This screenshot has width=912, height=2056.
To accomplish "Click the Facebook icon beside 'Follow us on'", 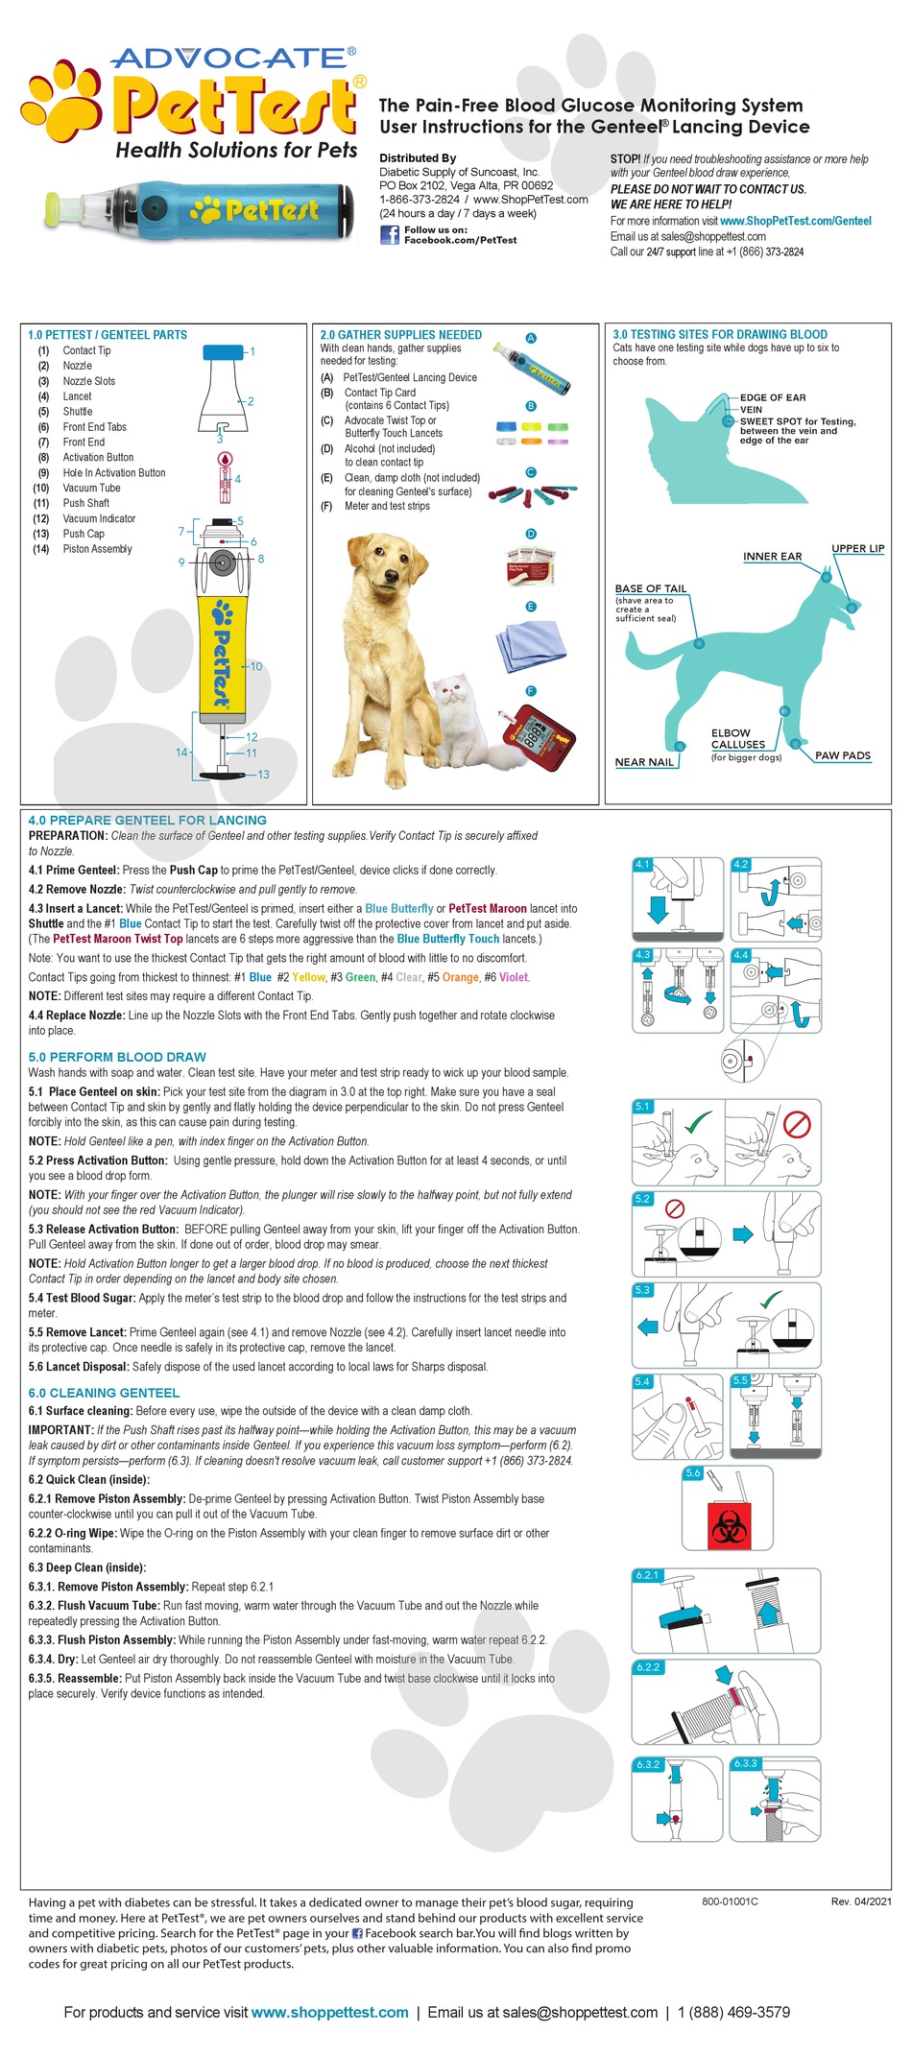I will [389, 234].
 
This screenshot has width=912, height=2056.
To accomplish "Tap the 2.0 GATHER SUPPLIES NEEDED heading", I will [400, 335].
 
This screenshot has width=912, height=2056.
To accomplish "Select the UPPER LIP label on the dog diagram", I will [857, 549].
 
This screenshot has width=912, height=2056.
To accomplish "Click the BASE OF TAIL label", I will [650, 588].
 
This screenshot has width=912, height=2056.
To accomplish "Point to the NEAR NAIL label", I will [643, 762].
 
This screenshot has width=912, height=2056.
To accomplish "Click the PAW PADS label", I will [842, 755].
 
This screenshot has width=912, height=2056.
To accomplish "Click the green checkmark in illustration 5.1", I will [698, 1121].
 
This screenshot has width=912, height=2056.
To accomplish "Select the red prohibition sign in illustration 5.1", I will [797, 1123].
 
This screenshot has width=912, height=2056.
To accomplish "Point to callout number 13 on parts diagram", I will [263, 775].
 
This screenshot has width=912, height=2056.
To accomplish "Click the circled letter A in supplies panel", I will [531, 339].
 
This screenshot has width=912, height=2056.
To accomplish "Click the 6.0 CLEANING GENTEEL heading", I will [104, 1393].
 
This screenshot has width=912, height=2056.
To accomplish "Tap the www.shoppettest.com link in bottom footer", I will [329, 2012].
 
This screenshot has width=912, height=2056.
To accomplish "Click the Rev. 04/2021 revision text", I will [861, 1901].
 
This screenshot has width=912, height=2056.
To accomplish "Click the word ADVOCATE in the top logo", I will [232, 59].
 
